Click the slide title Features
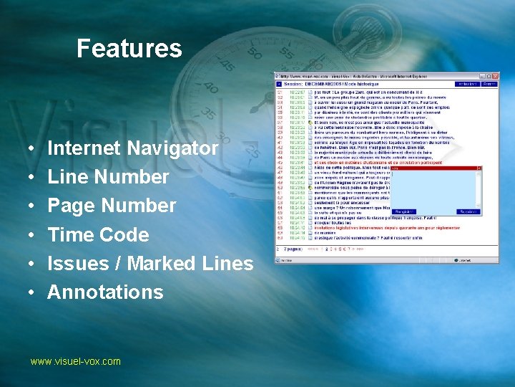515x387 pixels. (129, 49)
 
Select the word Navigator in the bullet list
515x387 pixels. (172, 148)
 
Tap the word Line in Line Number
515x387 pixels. (68, 177)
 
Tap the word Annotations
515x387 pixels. (105, 292)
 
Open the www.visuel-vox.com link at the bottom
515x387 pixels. (75, 361)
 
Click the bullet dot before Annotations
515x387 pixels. (35, 292)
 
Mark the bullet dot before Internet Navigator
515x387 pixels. (35, 149)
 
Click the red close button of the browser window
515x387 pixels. (494, 77)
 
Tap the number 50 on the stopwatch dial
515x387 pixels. (254, 54)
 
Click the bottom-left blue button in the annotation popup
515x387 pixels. (404, 212)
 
